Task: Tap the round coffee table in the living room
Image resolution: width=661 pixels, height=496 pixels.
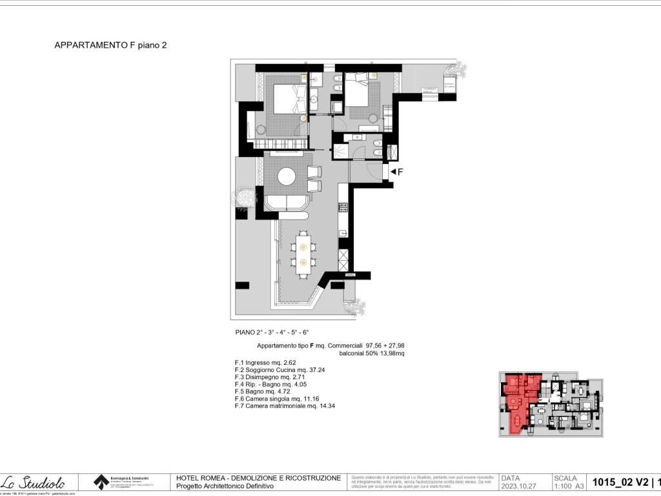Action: (x=287, y=176)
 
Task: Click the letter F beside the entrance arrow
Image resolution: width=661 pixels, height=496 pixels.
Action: (x=400, y=172)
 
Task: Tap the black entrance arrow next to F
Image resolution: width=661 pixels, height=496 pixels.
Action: (x=392, y=172)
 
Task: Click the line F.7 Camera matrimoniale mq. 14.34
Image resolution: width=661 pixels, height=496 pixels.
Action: (x=286, y=406)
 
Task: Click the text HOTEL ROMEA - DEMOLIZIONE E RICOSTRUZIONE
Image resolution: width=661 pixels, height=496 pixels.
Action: (x=258, y=478)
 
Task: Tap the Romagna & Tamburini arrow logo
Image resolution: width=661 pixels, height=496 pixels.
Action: (x=101, y=482)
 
